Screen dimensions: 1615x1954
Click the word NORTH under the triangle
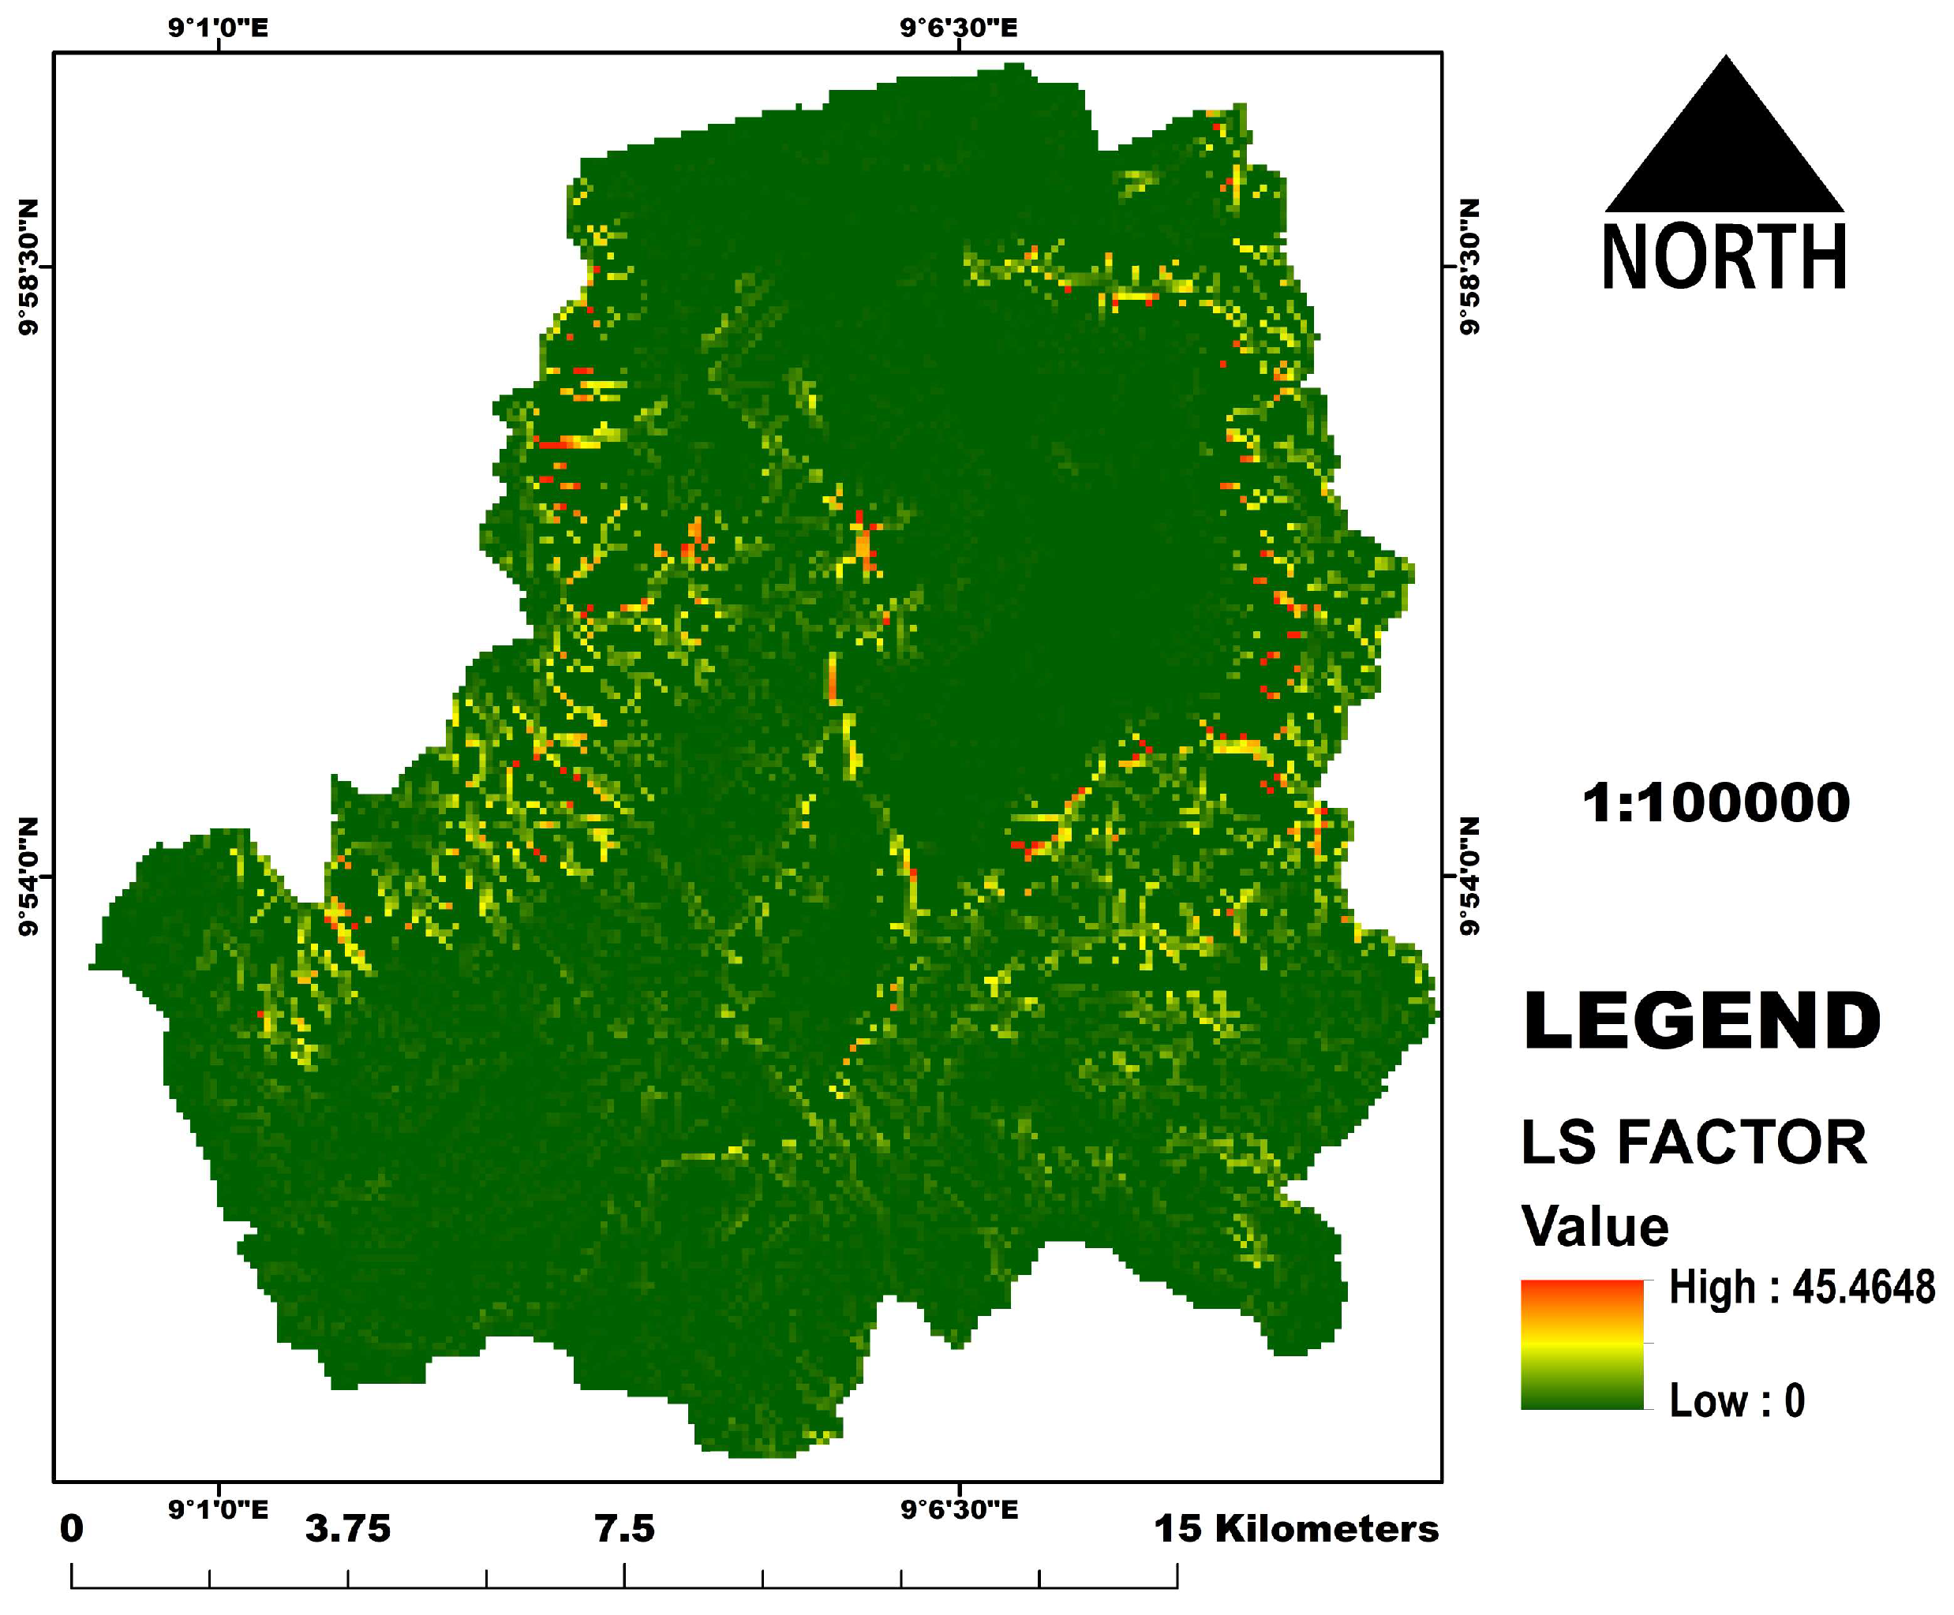point(1724,258)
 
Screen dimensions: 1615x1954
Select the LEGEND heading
point(1701,1021)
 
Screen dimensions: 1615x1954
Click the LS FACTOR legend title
point(1694,1142)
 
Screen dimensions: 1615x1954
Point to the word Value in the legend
point(1595,1226)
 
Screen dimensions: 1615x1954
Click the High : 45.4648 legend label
point(1800,1288)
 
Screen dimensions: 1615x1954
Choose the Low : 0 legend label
point(1736,1401)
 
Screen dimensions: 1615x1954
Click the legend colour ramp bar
point(1582,1345)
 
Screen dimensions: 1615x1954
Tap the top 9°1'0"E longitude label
point(218,28)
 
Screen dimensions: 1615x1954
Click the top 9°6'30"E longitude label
point(958,28)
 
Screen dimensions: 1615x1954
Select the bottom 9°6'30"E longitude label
point(958,1510)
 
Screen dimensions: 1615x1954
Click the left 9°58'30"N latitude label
point(30,267)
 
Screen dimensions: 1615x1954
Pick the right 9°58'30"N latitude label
point(1469,267)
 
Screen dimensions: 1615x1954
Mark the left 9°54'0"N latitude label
point(30,877)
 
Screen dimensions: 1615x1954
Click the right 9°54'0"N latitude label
point(1469,877)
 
